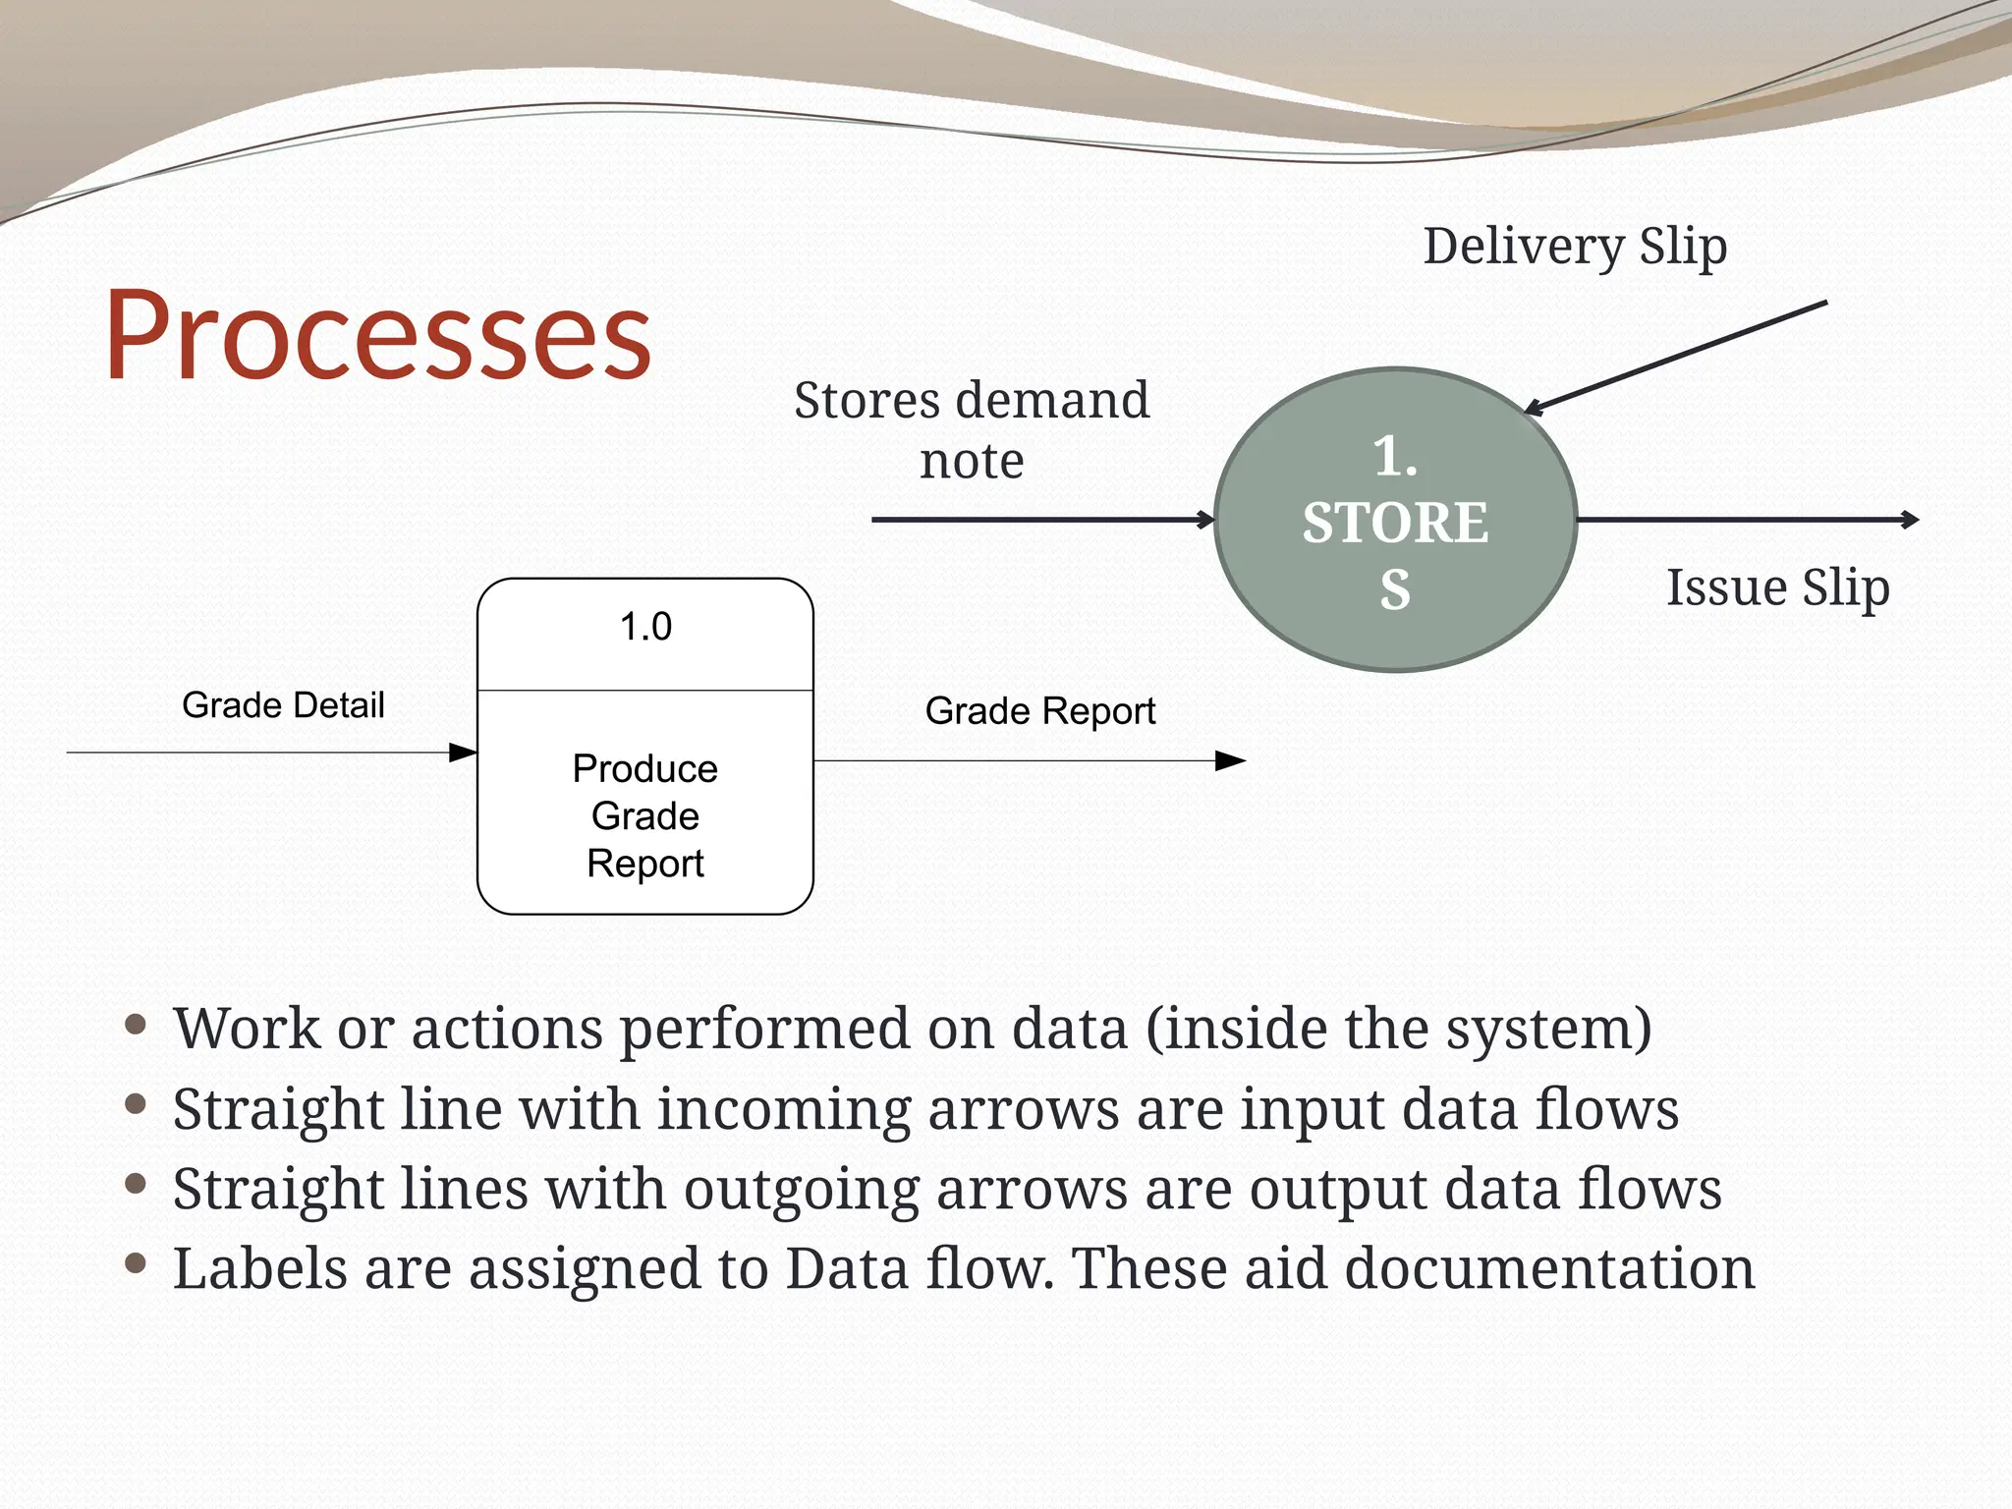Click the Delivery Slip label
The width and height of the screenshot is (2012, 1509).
(1575, 246)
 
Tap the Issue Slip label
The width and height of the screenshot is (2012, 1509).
(1777, 587)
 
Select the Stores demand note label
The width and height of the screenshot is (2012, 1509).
(971, 429)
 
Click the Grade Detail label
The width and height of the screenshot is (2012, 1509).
(283, 705)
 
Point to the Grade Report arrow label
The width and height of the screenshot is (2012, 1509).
(1039, 711)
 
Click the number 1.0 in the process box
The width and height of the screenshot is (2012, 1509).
(645, 627)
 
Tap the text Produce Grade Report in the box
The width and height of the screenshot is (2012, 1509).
(645, 815)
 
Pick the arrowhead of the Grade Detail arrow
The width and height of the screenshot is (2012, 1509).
(464, 753)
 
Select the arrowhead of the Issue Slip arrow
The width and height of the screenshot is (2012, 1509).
(1910, 520)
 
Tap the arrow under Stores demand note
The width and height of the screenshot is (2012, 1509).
(1041, 520)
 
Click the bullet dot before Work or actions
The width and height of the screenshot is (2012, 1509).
(137, 1025)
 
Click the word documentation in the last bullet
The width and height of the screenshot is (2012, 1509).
(1549, 1268)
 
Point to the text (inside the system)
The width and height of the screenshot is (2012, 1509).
(1399, 1029)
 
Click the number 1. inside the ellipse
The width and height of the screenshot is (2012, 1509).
(1395, 456)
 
